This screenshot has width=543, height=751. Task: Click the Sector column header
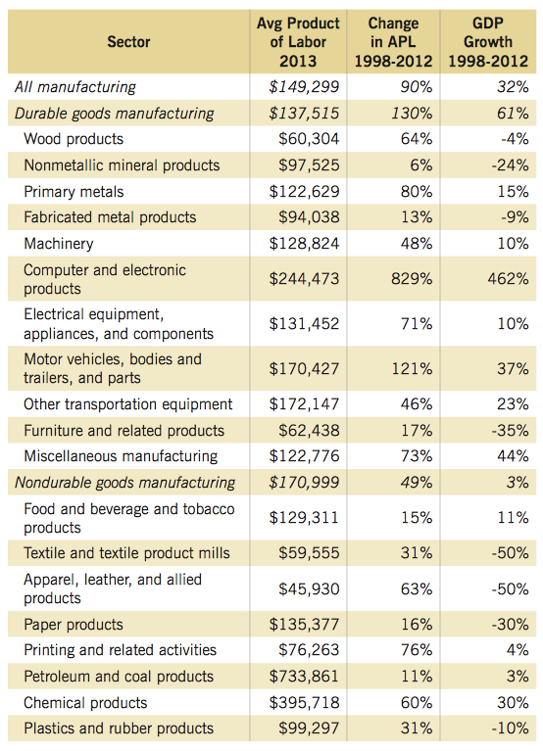(128, 42)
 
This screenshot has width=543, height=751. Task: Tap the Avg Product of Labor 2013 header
(298, 42)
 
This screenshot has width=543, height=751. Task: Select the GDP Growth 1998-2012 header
(488, 42)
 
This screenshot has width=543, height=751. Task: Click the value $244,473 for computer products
(304, 279)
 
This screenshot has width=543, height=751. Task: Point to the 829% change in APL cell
(412, 279)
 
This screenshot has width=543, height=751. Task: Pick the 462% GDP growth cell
(508, 279)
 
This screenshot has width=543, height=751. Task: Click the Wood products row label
(74, 139)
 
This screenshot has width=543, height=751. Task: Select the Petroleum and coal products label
(119, 677)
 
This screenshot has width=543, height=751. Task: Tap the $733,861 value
(304, 677)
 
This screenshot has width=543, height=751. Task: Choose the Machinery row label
(59, 244)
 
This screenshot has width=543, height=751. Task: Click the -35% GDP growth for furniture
(510, 431)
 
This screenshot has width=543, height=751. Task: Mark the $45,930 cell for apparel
(309, 588)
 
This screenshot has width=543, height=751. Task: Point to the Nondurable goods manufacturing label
(124, 483)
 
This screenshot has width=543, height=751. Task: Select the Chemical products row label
(85, 703)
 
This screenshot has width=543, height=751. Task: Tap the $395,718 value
(304, 703)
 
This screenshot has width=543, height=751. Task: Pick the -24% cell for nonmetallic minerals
(510, 165)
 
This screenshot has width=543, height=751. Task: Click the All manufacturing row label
(75, 87)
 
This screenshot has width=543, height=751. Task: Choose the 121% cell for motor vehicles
(412, 369)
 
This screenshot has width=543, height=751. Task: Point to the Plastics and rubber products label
(119, 728)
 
